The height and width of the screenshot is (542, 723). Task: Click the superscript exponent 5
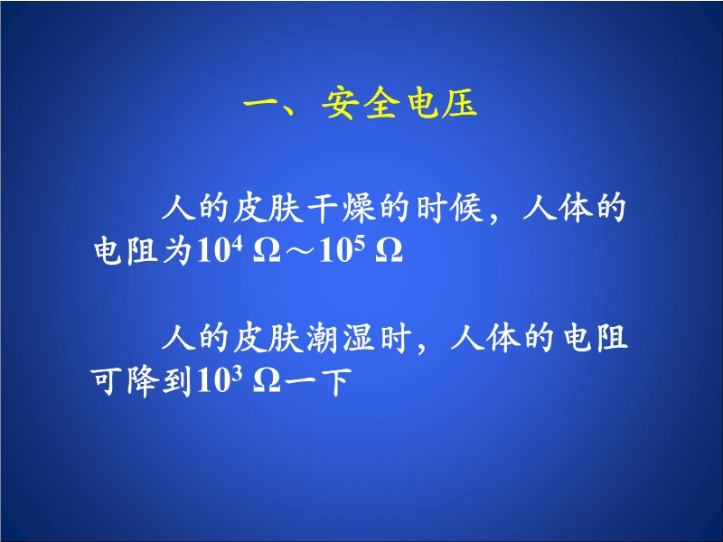coord(360,244)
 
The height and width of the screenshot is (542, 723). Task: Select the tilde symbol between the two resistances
coord(299,252)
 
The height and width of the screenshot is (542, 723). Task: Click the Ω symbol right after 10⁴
coord(267,252)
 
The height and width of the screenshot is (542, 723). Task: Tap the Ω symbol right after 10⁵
coord(390,252)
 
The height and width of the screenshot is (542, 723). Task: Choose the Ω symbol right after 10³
coord(267,382)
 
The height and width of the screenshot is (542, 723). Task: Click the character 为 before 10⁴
coord(176,251)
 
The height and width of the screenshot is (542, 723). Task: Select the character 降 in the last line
coord(141,381)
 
